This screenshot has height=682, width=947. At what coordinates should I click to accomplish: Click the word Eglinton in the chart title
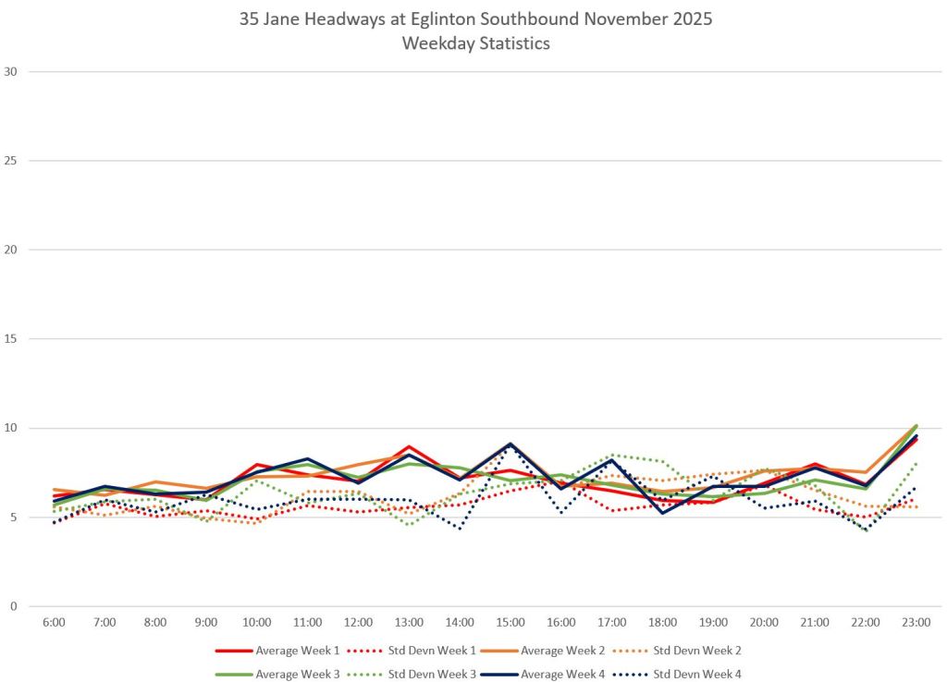pyautogui.click(x=443, y=18)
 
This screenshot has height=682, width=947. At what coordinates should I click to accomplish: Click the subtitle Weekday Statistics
pyautogui.click(x=476, y=43)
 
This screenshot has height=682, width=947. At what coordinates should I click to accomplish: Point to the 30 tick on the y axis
pyautogui.click(x=10, y=71)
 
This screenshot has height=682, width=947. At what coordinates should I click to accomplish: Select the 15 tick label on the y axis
pyautogui.click(x=10, y=338)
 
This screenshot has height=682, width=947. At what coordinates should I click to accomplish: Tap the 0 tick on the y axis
pyautogui.click(x=14, y=606)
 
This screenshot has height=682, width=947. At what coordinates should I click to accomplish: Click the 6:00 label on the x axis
pyautogui.click(x=54, y=622)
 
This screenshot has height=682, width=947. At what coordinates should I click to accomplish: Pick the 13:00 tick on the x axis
pyautogui.click(x=409, y=622)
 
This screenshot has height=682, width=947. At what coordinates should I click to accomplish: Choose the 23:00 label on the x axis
pyautogui.click(x=916, y=622)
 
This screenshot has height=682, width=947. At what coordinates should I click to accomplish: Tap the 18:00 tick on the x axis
pyautogui.click(x=662, y=622)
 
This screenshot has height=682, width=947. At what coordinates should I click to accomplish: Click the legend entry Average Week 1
pyautogui.click(x=277, y=651)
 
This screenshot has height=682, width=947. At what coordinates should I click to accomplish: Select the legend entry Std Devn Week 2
pyautogui.click(x=676, y=651)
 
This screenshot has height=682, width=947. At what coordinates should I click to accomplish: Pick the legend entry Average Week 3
pyautogui.click(x=277, y=675)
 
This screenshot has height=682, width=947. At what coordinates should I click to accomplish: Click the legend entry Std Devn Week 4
pyautogui.click(x=676, y=675)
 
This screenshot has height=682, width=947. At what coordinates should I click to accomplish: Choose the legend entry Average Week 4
pyautogui.click(x=542, y=675)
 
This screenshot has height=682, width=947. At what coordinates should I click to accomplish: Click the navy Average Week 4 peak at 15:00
pyautogui.click(x=510, y=445)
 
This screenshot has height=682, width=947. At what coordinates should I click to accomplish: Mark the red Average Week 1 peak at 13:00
pyautogui.click(x=409, y=446)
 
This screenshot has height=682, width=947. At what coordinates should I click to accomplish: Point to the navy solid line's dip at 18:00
pyautogui.click(x=662, y=513)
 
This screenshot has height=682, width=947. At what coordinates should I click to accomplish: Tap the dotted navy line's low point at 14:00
pyautogui.click(x=461, y=529)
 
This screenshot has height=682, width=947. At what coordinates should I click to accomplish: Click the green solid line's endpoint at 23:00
pyautogui.click(x=916, y=426)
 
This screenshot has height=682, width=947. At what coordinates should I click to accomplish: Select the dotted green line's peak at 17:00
pyautogui.click(x=612, y=455)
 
